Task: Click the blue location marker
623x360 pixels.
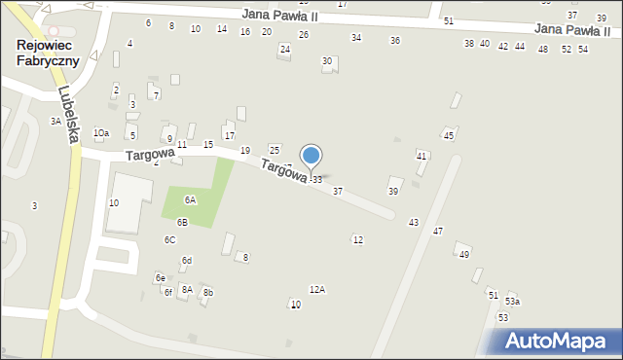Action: pyautogui.click(x=311, y=156)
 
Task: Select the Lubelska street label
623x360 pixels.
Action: pyautogui.click(x=67, y=115)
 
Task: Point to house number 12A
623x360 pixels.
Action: pyautogui.click(x=317, y=289)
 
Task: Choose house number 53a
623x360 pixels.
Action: pyautogui.click(x=512, y=302)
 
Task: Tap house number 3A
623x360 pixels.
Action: pyautogui.click(x=55, y=122)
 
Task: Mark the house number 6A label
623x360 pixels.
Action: pyautogui.click(x=191, y=199)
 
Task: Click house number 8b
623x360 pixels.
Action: pyautogui.click(x=207, y=293)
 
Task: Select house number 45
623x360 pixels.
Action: pyautogui.click(x=449, y=135)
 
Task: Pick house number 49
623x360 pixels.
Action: pyautogui.click(x=464, y=254)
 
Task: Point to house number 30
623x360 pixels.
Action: pyautogui.click(x=327, y=61)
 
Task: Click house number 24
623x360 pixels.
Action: pyautogui.click(x=284, y=49)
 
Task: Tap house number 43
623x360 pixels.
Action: pyautogui.click(x=414, y=223)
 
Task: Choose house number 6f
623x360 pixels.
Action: pyautogui.click(x=168, y=292)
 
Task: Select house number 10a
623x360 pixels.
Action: pyautogui.click(x=101, y=132)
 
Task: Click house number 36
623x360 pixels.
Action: pyautogui.click(x=395, y=40)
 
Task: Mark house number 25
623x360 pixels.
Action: pyautogui.click(x=275, y=150)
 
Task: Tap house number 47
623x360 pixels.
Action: pyautogui.click(x=438, y=231)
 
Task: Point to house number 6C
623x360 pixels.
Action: pyautogui.click(x=169, y=239)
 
